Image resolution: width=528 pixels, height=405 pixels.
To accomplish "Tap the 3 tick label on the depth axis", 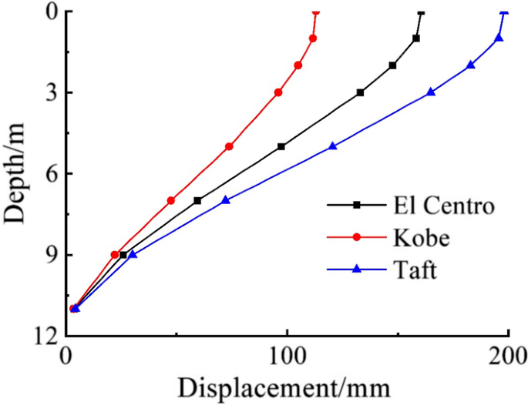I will (49, 92).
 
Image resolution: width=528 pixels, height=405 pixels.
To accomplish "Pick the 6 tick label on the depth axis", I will (49, 174).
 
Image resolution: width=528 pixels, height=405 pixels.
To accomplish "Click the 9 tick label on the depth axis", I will (49, 255).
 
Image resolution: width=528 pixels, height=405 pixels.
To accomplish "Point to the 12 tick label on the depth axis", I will (43, 336).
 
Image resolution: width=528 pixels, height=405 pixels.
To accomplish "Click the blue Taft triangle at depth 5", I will (332, 146).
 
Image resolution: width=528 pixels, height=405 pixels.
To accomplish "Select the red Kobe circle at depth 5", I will (229, 146).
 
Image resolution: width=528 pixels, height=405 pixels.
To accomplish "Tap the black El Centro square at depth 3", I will (360, 92).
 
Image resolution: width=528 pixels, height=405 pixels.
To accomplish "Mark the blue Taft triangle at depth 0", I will (504, 12).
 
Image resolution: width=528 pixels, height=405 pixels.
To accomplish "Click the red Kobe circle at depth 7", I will (171, 200).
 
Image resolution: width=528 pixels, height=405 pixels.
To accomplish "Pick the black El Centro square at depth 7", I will (197, 200).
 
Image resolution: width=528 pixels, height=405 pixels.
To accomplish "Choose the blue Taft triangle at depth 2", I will (471, 65).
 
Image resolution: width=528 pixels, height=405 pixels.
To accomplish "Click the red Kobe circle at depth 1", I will (313, 38).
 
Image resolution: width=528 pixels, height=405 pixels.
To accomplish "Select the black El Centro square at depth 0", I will (420, 12).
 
